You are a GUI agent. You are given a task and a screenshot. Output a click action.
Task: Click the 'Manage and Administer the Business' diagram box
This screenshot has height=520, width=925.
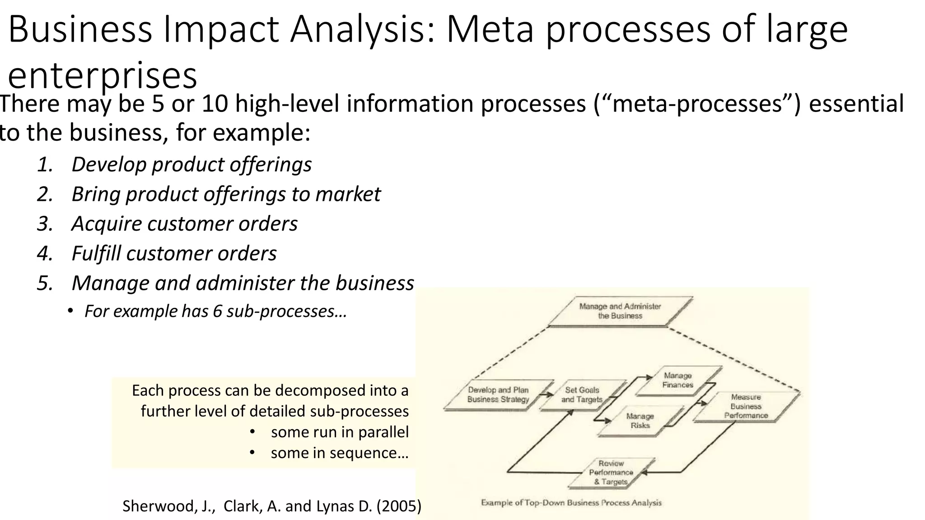pyautogui.click(x=620, y=311)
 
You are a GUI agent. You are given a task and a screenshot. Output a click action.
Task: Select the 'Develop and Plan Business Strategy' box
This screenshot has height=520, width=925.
pyautogui.click(x=498, y=395)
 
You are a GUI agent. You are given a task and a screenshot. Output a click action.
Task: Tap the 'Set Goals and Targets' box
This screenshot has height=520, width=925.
pyautogui.click(x=582, y=395)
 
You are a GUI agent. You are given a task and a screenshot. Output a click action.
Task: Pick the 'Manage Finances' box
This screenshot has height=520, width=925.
pyautogui.click(x=677, y=380)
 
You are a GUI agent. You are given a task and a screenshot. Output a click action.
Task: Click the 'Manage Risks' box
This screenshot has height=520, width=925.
pyautogui.click(x=640, y=421)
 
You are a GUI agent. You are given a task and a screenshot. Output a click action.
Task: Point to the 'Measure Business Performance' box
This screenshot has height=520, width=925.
pyautogui.click(x=746, y=406)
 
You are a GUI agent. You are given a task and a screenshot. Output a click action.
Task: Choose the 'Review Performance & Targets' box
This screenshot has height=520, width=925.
pyautogui.click(x=611, y=473)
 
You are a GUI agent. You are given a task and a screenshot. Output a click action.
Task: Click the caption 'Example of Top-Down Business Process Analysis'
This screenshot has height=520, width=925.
pyautogui.click(x=571, y=502)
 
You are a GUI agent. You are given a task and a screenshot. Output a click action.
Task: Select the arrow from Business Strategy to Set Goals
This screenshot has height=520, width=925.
pyautogui.click(x=547, y=395)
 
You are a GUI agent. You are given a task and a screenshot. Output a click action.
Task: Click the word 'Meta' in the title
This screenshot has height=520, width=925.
pyautogui.click(x=490, y=29)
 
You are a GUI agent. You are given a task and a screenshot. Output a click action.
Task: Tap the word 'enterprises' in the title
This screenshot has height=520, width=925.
pyautogui.click(x=103, y=75)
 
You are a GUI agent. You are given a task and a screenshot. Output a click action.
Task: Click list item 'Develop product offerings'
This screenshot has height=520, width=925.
pyautogui.click(x=192, y=164)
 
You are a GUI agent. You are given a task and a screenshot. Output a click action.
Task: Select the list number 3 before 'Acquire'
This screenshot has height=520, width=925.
pyautogui.click(x=45, y=224)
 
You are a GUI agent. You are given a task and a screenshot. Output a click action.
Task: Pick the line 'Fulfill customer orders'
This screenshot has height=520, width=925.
pyautogui.click(x=174, y=254)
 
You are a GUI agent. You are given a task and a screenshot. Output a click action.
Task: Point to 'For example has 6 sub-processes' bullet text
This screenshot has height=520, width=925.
pyautogui.click(x=215, y=311)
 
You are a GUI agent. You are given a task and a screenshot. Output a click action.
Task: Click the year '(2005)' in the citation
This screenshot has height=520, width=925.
pyautogui.click(x=399, y=506)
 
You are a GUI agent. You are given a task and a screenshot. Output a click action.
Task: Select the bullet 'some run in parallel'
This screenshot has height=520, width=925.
pyautogui.click(x=339, y=432)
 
